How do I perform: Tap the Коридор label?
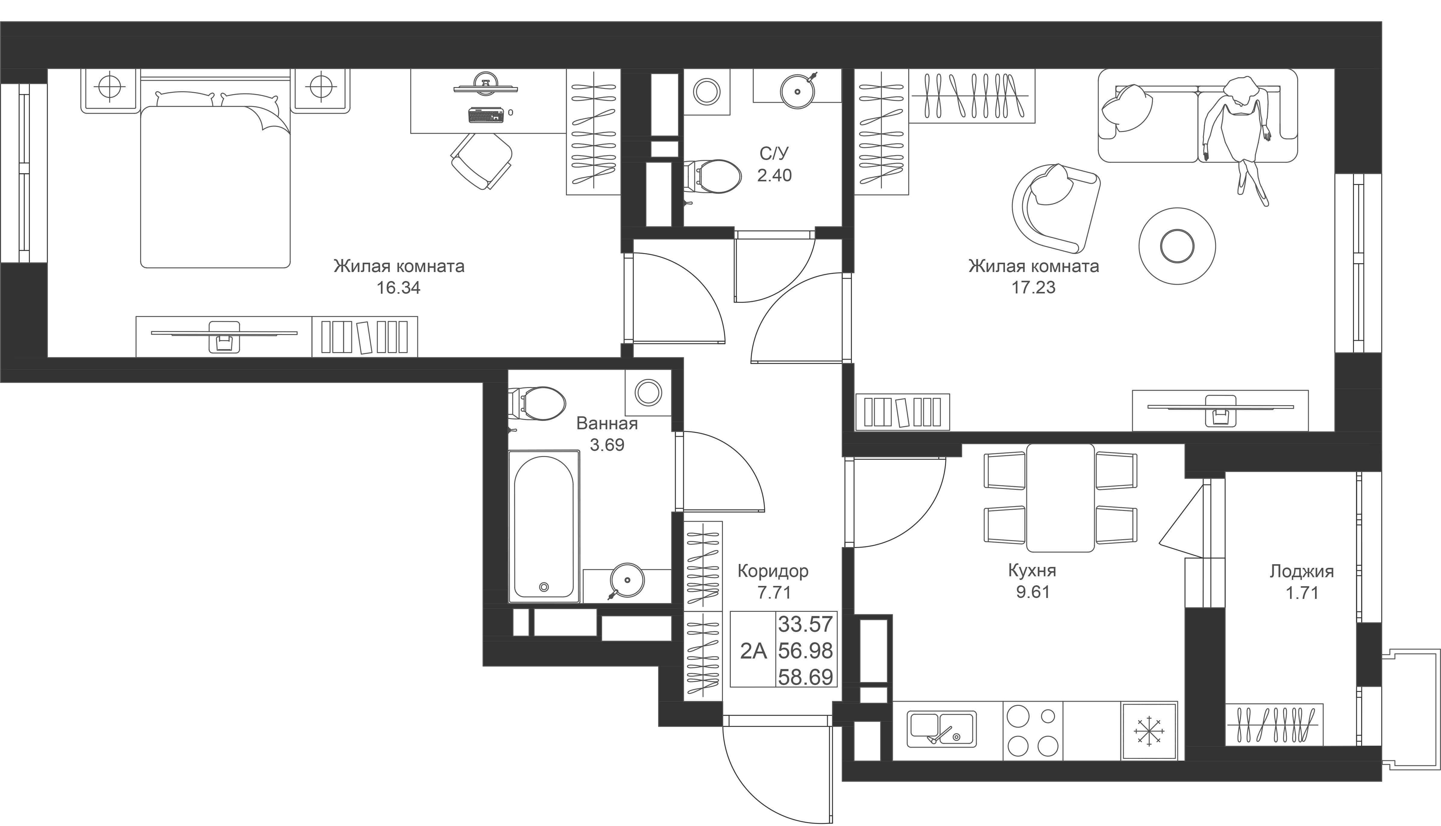coord(773,571)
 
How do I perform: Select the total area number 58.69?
coord(805,677)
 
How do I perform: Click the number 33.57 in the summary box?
coord(805,624)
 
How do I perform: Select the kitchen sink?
coord(941,730)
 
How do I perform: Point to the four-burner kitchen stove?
coord(1032,731)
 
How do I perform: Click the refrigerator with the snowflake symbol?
coord(1149,731)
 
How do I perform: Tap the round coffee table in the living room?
coord(1177,246)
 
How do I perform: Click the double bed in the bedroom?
coord(215,182)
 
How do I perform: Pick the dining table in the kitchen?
coord(1060,498)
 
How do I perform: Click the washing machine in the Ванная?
coord(648,393)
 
